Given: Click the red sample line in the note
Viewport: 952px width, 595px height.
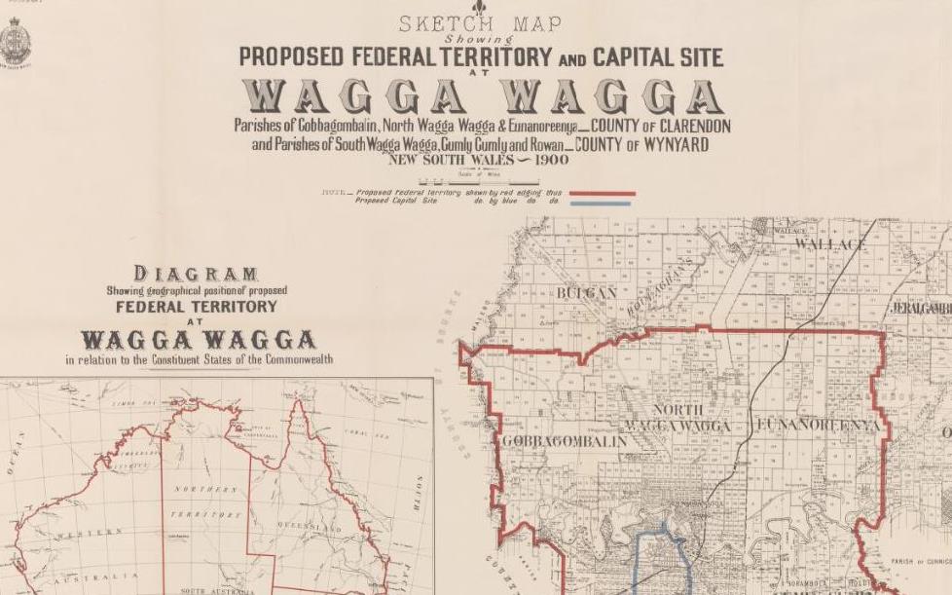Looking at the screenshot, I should click(x=602, y=194).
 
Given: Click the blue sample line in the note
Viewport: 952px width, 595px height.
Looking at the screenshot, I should click(x=602, y=203).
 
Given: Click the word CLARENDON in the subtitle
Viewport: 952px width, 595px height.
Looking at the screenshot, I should click(x=683, y=127).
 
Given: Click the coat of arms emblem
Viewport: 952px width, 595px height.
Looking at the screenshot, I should click(x=17, y=45).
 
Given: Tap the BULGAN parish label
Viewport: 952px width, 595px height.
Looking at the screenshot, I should click(x=587, y=292).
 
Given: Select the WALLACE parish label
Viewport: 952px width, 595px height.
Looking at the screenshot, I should click(x=830, y=243).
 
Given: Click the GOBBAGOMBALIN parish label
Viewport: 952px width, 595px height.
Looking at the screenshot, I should click(x=565, y=441).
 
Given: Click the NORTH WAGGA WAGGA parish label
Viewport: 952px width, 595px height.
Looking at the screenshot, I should click(x=678, y=419).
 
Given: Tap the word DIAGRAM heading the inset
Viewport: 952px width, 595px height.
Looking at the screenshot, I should click(x=196, y=274).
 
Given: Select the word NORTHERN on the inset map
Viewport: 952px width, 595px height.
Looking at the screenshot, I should click(x=205, y=488).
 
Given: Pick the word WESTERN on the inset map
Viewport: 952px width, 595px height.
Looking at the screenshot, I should click(x=89, y=533).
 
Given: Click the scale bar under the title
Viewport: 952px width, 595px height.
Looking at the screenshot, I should click(x=478, y=180).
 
